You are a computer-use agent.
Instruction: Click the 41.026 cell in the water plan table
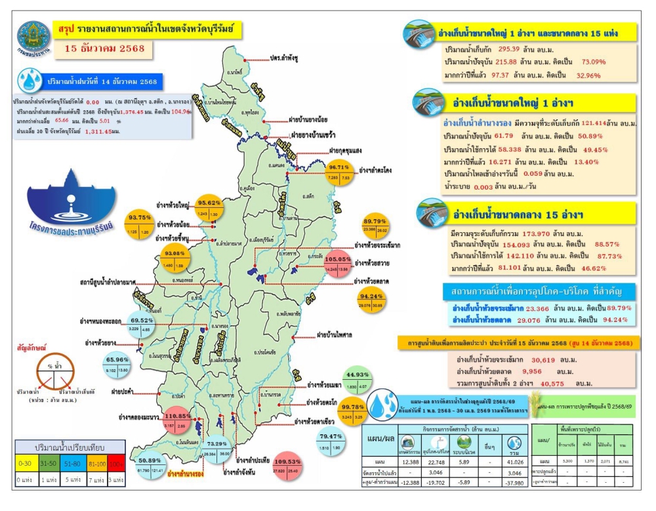point(518,463)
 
